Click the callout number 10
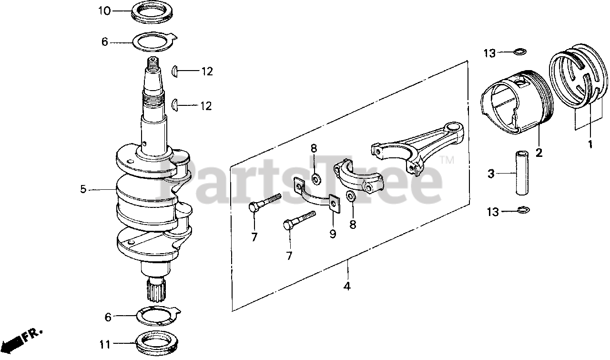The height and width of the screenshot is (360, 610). pos(104,10)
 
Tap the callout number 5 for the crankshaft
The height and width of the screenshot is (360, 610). pos(83,189)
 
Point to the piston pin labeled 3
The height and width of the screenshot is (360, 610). pos(523,173)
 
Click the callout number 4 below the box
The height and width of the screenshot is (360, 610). pos(347,287)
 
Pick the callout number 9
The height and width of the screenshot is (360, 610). pos(332,234)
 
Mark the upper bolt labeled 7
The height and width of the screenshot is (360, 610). pos(264,203)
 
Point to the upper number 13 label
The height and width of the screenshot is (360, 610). pos(490,53)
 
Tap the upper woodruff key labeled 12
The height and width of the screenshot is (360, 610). pos(175,71)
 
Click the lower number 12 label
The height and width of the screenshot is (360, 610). pos(206,105)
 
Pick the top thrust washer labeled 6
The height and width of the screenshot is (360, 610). pos(153,41)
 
